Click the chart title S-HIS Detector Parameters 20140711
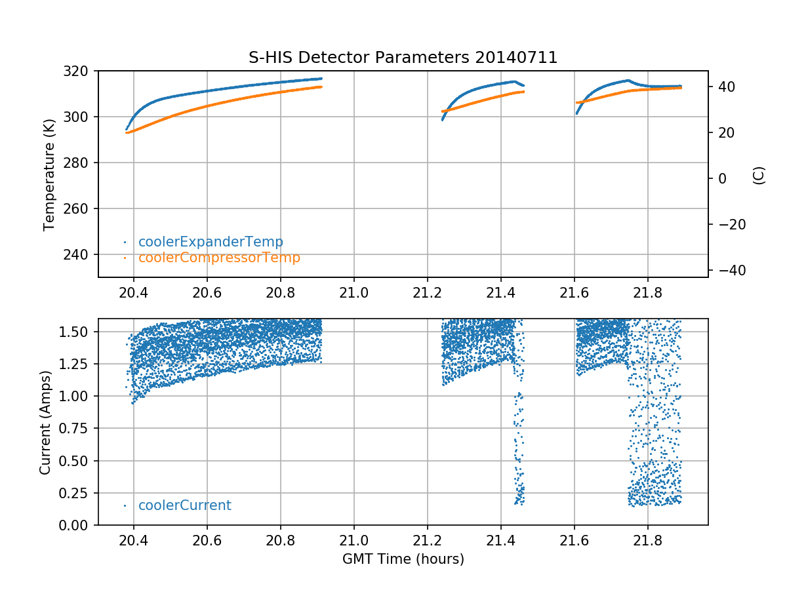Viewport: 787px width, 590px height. [x=403, y=58]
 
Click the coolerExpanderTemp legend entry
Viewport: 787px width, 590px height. [x=210, y=242]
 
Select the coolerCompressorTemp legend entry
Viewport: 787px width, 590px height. [x=219, y=258]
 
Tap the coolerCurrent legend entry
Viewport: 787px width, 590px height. [x=184, y=505]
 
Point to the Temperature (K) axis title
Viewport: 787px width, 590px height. [x=49, y=174]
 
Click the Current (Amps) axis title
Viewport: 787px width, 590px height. [x=45, y=422]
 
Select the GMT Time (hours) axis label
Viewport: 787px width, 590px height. [x=403, y=559]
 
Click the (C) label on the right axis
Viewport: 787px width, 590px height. [x=759, y=175]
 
